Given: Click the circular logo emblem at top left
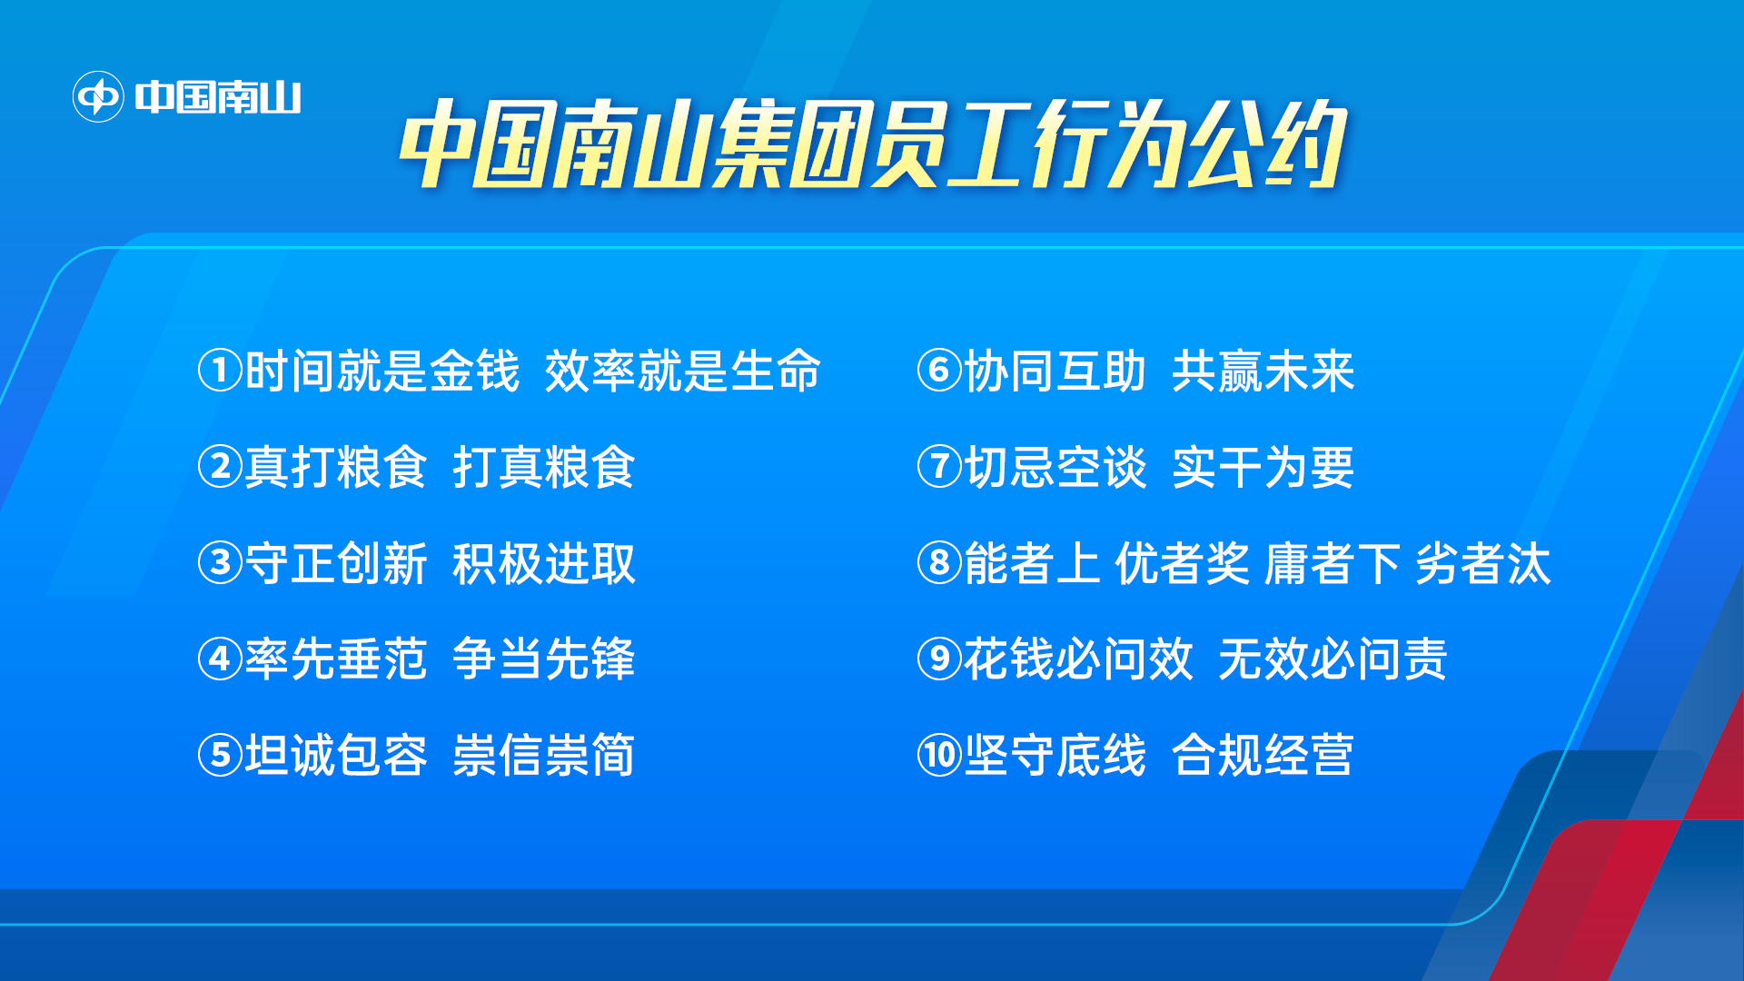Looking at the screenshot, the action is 98,96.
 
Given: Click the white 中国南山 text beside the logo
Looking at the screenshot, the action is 218,97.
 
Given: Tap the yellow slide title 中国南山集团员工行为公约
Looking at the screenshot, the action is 873,144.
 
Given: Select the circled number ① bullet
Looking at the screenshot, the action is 220,371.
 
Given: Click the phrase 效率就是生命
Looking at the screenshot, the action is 682,371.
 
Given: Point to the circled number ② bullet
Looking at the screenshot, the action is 220,467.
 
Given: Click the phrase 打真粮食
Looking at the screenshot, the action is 543,467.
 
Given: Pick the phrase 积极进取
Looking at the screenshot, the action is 543,563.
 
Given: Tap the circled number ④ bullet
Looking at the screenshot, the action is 220,659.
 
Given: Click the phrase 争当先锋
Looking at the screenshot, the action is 543,659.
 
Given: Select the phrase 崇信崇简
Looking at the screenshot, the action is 543,755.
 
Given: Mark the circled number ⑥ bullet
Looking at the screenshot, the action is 939,371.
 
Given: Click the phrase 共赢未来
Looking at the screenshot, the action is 1263,371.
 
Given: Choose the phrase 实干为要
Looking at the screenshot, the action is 1263,467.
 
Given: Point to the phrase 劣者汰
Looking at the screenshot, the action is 1483,563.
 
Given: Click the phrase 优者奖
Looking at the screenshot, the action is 1183,563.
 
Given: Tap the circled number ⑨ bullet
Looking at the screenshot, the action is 939,659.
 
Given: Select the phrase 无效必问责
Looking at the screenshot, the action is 1332,659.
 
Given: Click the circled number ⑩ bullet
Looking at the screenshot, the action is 939,755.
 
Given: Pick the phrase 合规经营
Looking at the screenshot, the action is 1263,755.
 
